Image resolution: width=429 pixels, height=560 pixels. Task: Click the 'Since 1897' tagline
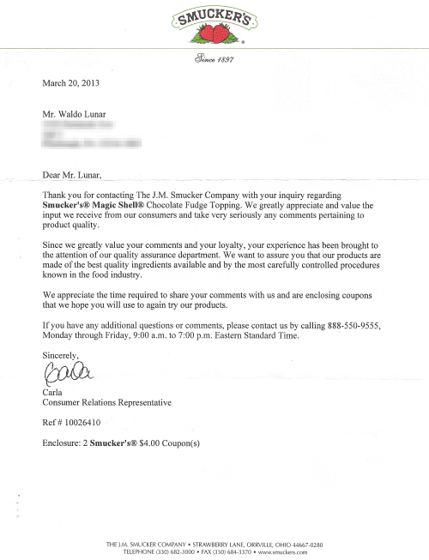point(214,60)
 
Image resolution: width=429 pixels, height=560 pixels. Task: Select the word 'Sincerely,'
point(59,354)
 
